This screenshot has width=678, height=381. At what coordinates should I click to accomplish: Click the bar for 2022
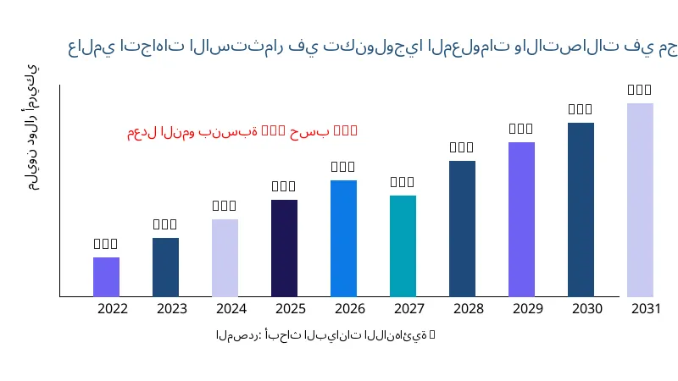106,277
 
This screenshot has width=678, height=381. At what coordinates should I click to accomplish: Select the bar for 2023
165,267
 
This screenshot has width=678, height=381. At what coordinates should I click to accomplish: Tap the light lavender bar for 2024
225,257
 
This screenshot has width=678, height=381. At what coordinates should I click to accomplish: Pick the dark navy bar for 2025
284,248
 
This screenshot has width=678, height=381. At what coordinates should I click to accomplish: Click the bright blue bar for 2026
343,238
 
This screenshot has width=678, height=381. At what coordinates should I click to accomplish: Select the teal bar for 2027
403,246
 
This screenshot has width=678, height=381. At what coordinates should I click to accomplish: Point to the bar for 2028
462,229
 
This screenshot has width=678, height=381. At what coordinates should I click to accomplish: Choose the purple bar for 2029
521,219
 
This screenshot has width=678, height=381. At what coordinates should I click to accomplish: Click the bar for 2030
581,209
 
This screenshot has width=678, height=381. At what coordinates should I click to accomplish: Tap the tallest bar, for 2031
640,200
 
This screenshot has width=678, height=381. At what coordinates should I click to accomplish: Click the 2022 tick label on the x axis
113,308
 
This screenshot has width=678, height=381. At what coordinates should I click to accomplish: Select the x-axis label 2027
409,308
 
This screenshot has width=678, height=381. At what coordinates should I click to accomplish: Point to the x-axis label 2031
647,308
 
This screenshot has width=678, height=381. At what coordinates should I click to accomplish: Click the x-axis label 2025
291,308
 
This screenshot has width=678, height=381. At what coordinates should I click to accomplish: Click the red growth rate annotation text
242,131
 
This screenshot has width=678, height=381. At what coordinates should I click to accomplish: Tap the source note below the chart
325,335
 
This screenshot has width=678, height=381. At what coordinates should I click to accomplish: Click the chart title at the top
373,47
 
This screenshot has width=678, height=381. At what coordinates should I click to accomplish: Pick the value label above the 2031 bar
640,90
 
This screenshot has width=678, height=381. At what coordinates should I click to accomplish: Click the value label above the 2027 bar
403,182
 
